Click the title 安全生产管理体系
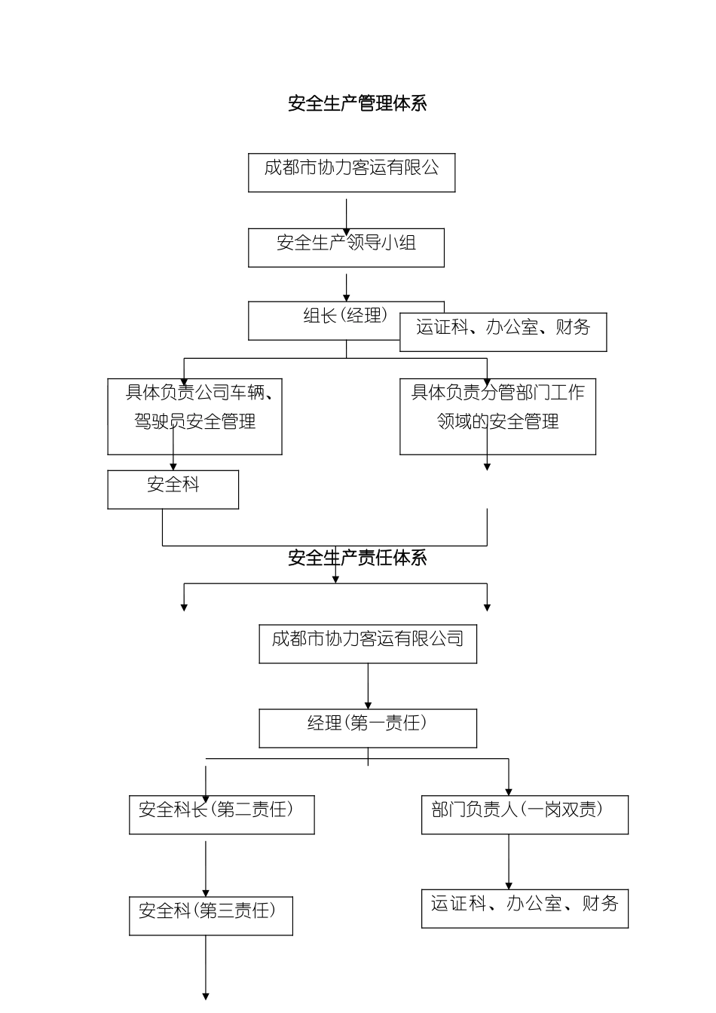coord(357,103)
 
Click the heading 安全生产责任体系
coord(357,558)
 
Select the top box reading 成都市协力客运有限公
coord(351,173)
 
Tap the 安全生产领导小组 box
coord(346,247)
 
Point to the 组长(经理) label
coord(344,316)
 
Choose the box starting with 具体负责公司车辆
coord(194,416)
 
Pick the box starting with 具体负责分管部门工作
coord(497,416)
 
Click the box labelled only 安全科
coord(173,489)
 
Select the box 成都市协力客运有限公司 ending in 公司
coord(367,643)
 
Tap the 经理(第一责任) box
coord(367,727)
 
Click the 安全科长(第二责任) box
coord(222,814)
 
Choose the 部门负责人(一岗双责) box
coord(524,814)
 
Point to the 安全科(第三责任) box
coord(210,915)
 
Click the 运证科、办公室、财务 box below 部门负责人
coord(524,907)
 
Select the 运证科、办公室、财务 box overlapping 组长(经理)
coord(503,332)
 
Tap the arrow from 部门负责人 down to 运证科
coord(509,862)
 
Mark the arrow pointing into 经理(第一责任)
coord(368,686)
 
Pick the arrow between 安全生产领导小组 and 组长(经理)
coord(346,287)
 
